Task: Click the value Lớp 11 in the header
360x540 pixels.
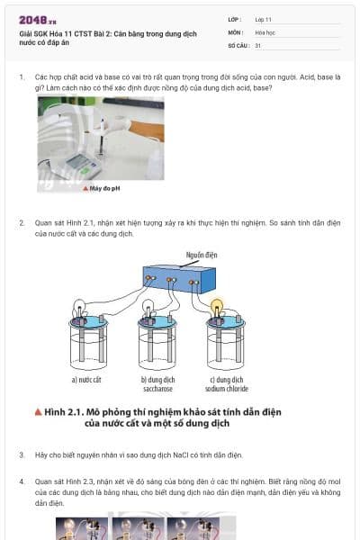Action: [264, 19]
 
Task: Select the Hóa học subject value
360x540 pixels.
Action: [265, 31]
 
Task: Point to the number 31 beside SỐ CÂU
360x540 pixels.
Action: [258, 44]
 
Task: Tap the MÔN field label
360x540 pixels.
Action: [236, 31]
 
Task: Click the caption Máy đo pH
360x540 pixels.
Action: [103, 188]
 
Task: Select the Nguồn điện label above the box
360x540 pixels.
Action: [202, 255]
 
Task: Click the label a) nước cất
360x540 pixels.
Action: [86, 380]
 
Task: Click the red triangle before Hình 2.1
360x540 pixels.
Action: [39, 411]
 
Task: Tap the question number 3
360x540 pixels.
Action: [22, 455]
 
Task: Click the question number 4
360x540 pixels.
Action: [22, 481]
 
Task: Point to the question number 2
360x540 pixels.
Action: [22, 221]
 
